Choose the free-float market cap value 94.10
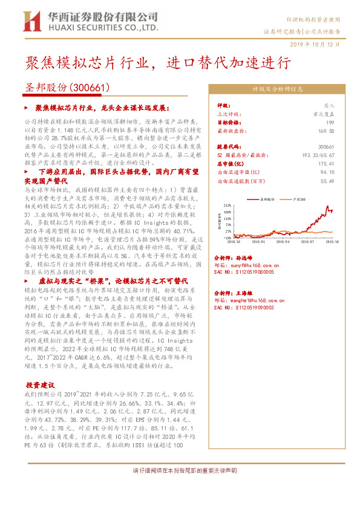[x=327, y=172]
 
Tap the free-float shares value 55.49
[x=327, y=180]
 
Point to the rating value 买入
[x=330, y=105]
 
